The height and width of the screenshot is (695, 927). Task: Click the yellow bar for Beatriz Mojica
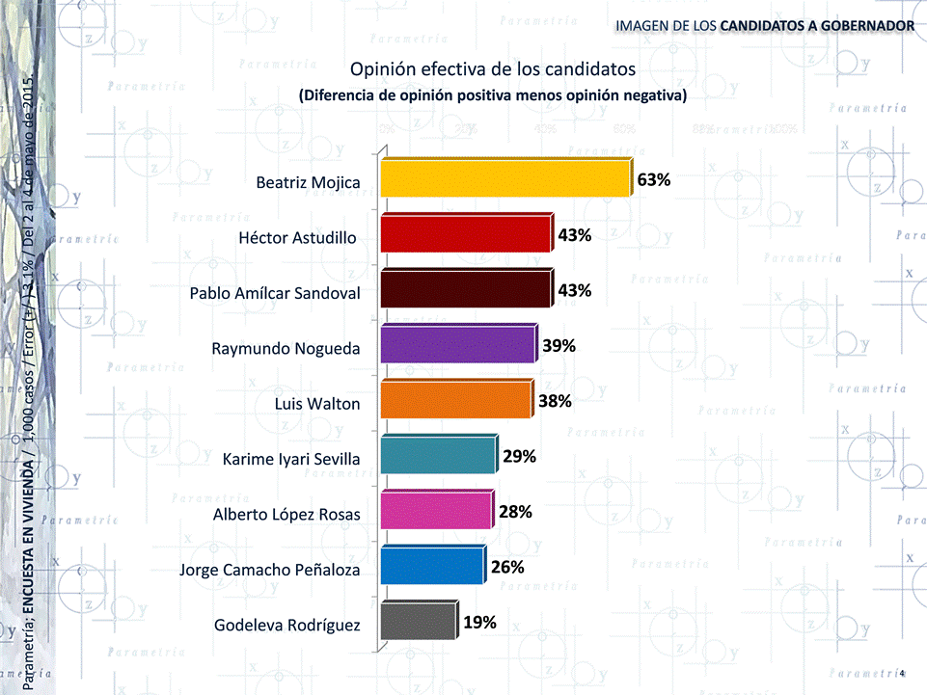click(x=504, y=179)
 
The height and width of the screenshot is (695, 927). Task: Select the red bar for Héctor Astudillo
click(x=465, y=234)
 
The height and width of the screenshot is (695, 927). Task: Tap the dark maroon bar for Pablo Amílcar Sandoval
click(x=465, y=289)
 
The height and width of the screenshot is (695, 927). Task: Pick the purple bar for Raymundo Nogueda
click(x=457, y=344)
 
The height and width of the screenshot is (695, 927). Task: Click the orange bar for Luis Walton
click(x=455, y=400)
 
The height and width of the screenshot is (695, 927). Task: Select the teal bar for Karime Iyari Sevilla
click(x=438, y=455)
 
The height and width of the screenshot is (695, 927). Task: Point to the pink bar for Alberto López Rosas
click(x=435, y=510)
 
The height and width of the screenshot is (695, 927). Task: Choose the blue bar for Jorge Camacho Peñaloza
click(x=431, y=566)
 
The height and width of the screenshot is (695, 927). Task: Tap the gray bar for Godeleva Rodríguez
click(x=417, y=621)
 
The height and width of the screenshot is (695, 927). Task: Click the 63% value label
click(x=653, y=180)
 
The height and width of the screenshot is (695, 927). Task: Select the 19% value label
click(x=479, y=623)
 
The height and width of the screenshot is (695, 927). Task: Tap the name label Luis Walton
click(x=317, y=404)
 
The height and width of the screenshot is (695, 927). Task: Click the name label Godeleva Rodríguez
click(x=286, y=626)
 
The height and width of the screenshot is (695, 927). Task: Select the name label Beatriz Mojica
click(x=308, y=182)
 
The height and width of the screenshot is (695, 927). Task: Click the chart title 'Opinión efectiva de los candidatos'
click(x=492, y=70)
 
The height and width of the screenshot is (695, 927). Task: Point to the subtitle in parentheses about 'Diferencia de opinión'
click(x=492, y=96)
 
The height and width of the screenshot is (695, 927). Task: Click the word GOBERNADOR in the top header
click(x=862, y=23)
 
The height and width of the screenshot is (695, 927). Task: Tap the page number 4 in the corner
click(x=901, y=673)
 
